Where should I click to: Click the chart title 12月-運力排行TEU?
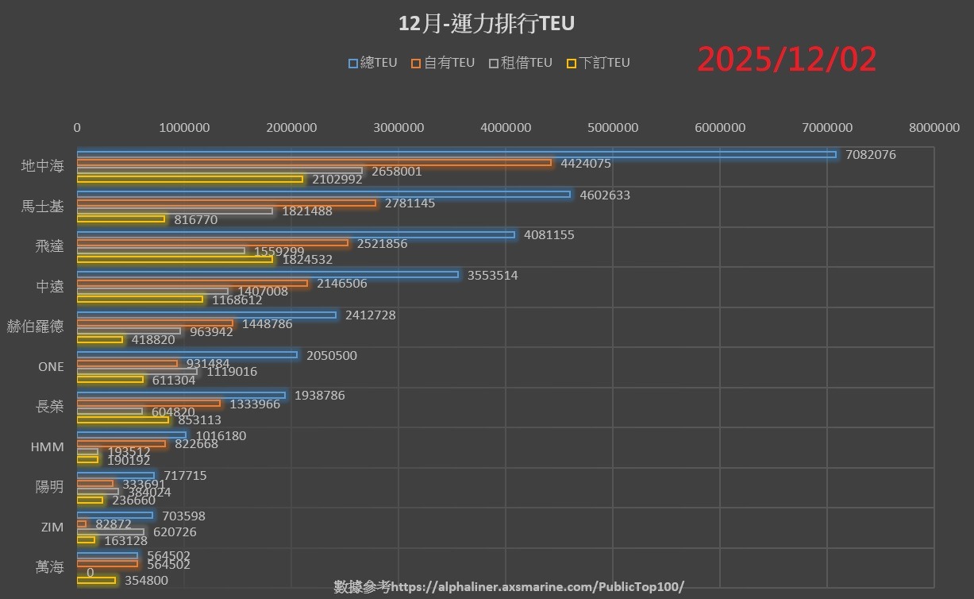pos(487,24)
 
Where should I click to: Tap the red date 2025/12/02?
pos(787,60)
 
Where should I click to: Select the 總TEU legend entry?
pos(373,63)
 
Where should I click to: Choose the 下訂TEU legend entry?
pos(599,63)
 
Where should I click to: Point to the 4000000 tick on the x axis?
pos(506,127)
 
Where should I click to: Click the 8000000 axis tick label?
pos(934,127)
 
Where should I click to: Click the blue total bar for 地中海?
pos(456,154)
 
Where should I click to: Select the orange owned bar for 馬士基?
pos(226,203)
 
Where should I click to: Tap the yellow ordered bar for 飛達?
pos(175,259)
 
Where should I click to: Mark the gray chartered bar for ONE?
pos(137,371)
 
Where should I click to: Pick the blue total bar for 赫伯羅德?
pos(206,315)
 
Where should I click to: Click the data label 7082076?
pos(871,155)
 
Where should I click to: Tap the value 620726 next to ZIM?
pos(175,532)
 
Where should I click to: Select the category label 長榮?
pos(50,407)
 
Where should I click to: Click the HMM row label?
pos(47,447)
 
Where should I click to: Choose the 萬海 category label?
pos(50,567)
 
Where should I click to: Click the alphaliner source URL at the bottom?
pos(537,587)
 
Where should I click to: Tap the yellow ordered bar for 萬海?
pos(96,580)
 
